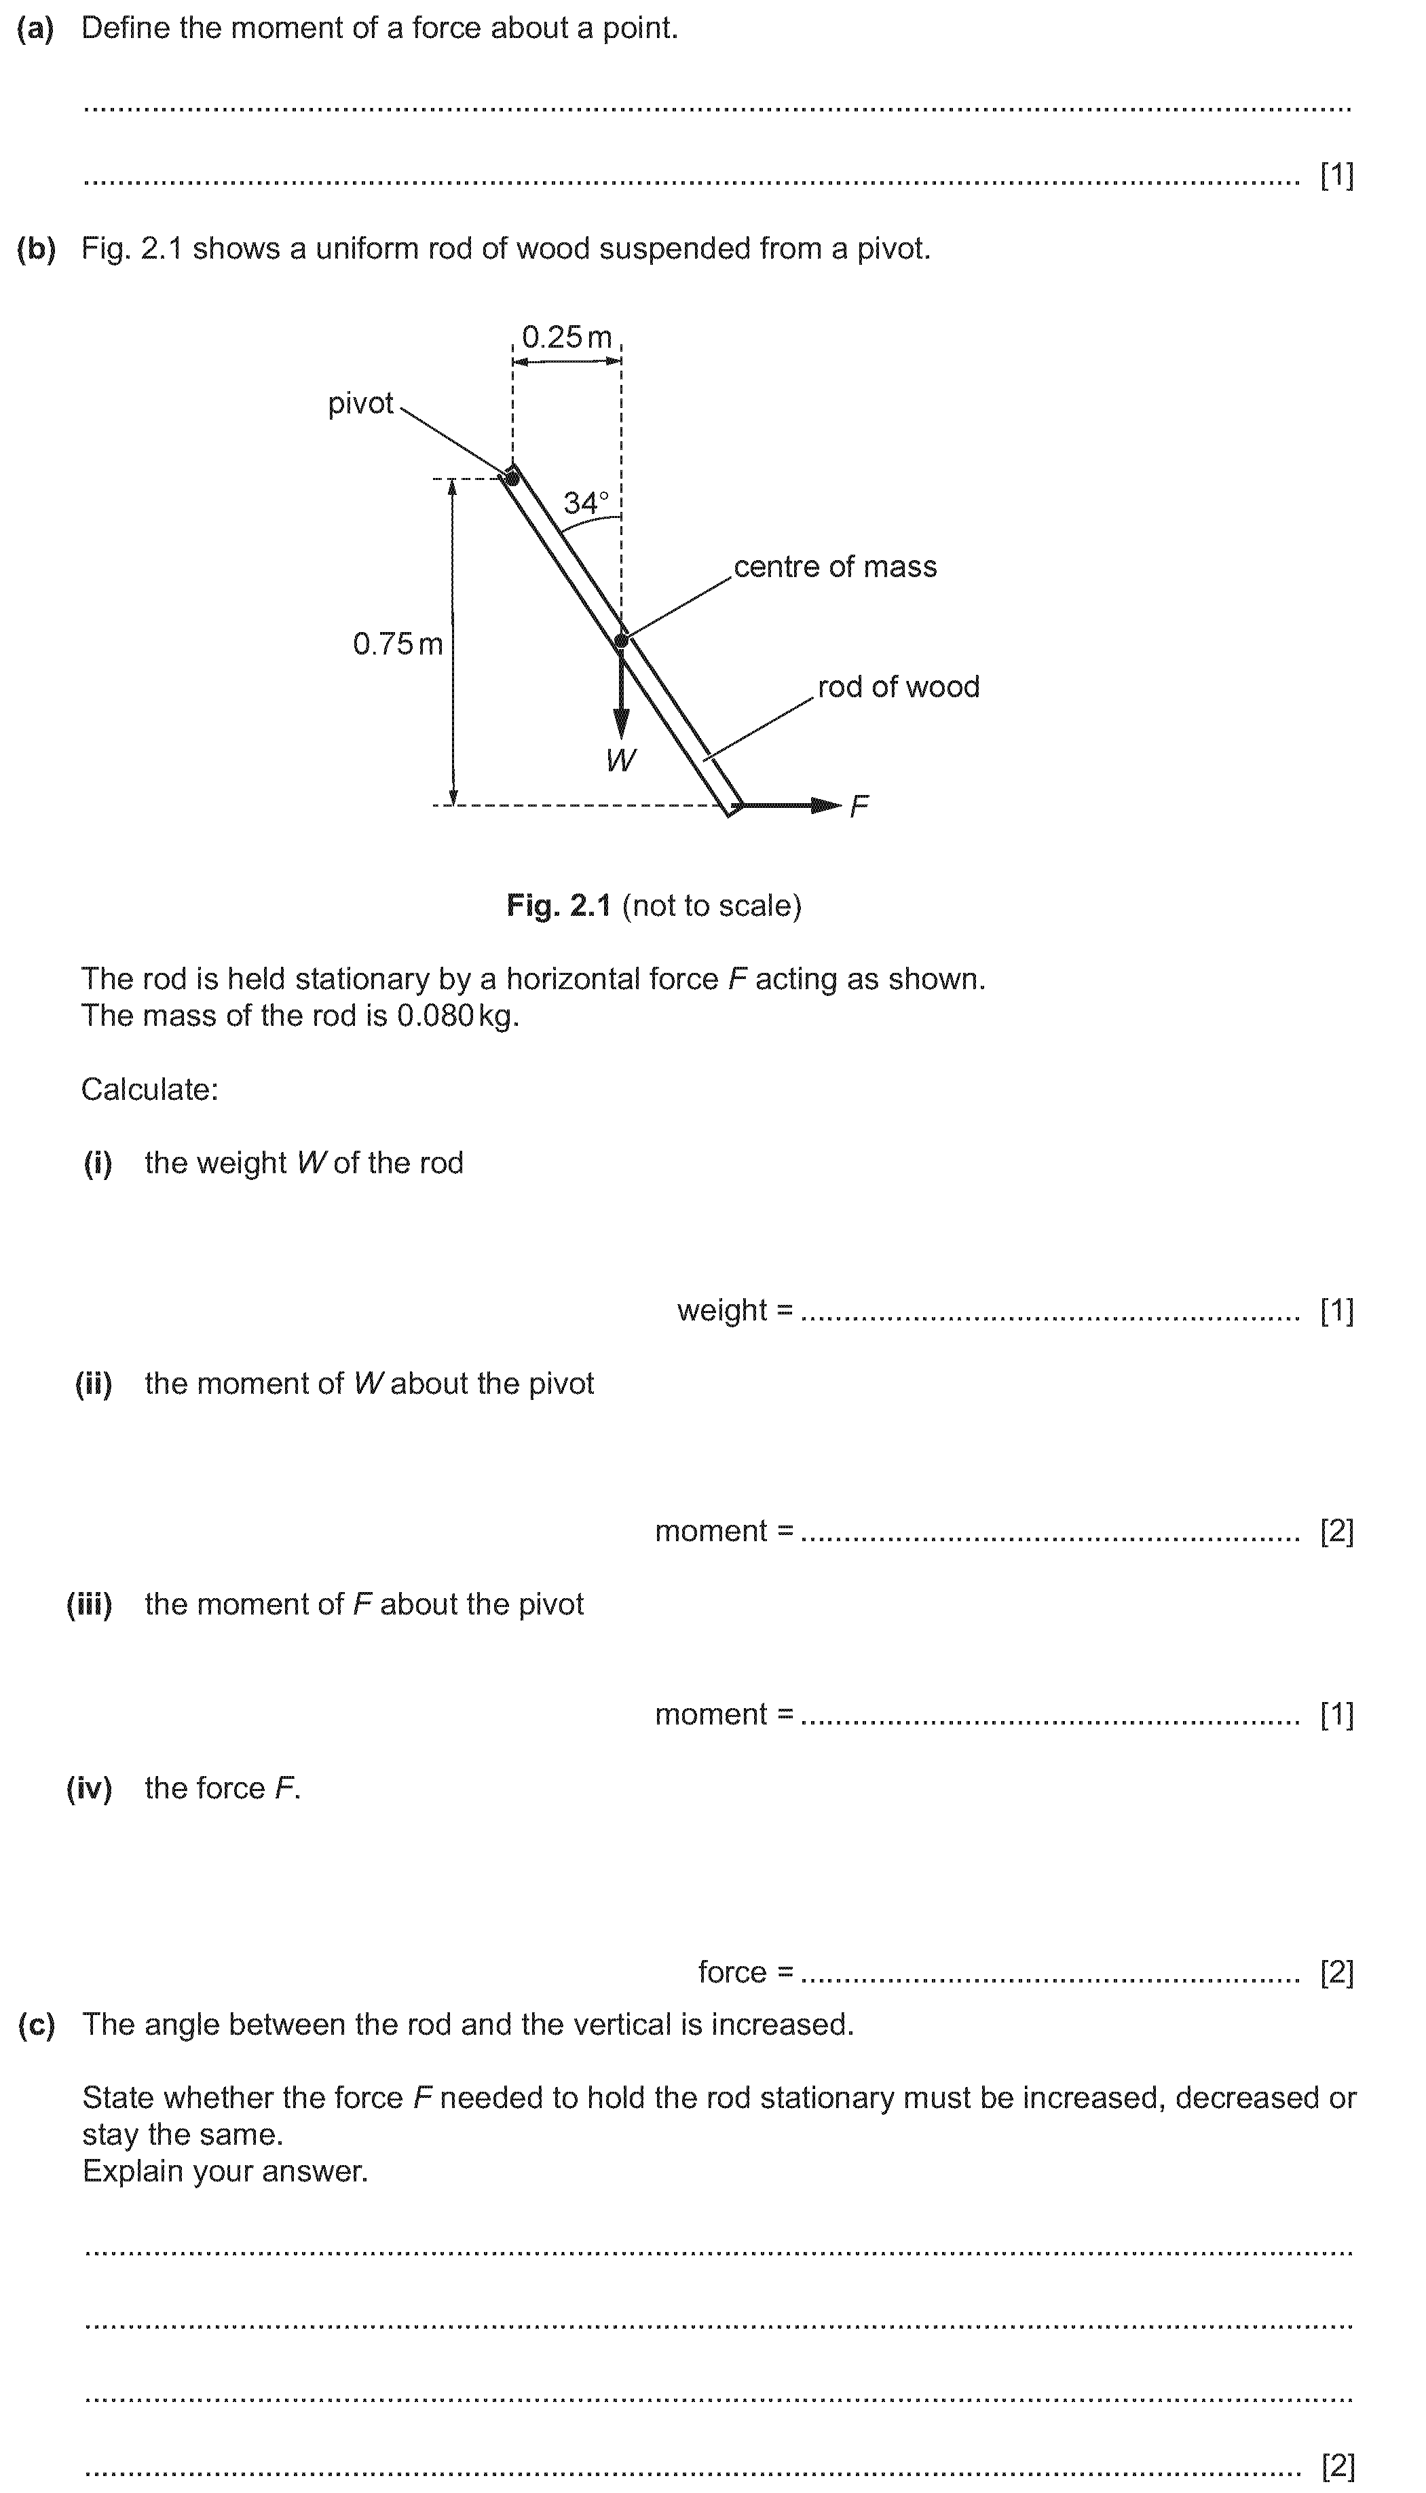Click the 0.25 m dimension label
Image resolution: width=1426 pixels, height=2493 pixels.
566,338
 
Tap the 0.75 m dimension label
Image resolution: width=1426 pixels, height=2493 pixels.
398,644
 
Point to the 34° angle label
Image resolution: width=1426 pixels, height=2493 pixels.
586,504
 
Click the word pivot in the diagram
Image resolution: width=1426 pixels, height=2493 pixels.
360,403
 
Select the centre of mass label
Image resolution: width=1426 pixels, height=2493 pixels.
834,567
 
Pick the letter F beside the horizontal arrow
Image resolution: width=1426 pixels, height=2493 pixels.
859,806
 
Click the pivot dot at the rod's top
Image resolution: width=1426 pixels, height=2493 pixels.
511,478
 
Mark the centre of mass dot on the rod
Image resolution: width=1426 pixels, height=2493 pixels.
621,642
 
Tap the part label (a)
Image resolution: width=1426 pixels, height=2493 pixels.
36,29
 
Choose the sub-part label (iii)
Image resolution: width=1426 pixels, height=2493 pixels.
89,1604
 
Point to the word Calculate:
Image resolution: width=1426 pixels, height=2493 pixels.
149,1089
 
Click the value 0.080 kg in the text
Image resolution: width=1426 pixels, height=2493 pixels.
455,1016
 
